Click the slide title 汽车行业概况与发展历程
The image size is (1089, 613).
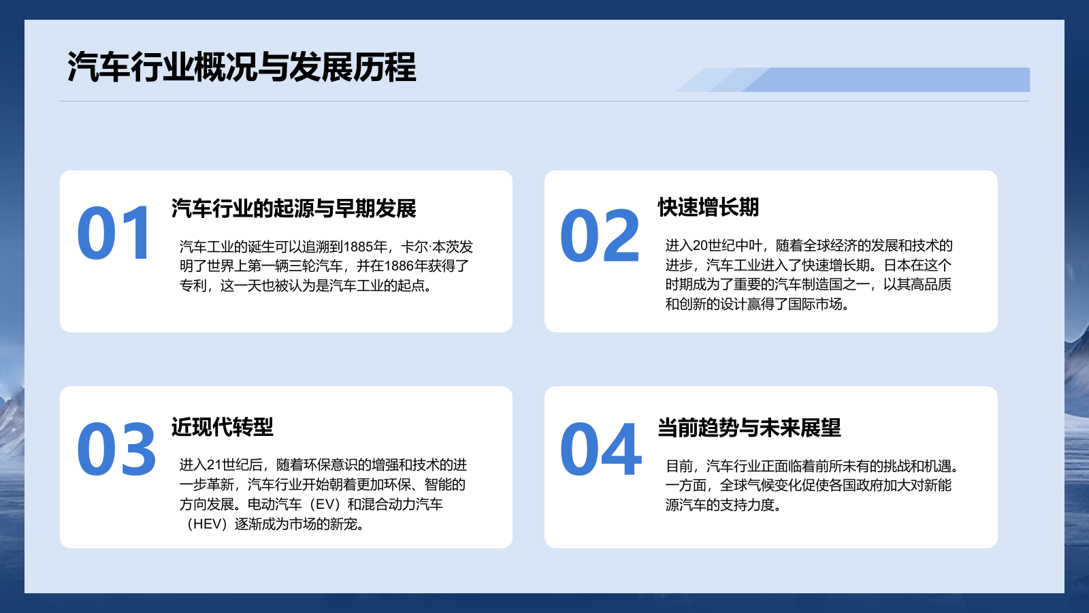tap(242, 67)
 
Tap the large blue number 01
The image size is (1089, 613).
tap(114, 234)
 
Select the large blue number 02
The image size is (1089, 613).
tap(600, 236)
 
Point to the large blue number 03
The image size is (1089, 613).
tap(116, 450)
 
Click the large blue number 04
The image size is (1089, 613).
tap(600, 450)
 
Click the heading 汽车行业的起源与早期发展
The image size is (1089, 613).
tap(293, 208)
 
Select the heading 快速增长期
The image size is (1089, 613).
tap(708, 207)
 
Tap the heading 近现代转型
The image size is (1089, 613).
tap(222, 427)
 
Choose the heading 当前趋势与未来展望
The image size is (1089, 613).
tap(749, 428)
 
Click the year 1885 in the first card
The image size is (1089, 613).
tap(358, 247)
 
